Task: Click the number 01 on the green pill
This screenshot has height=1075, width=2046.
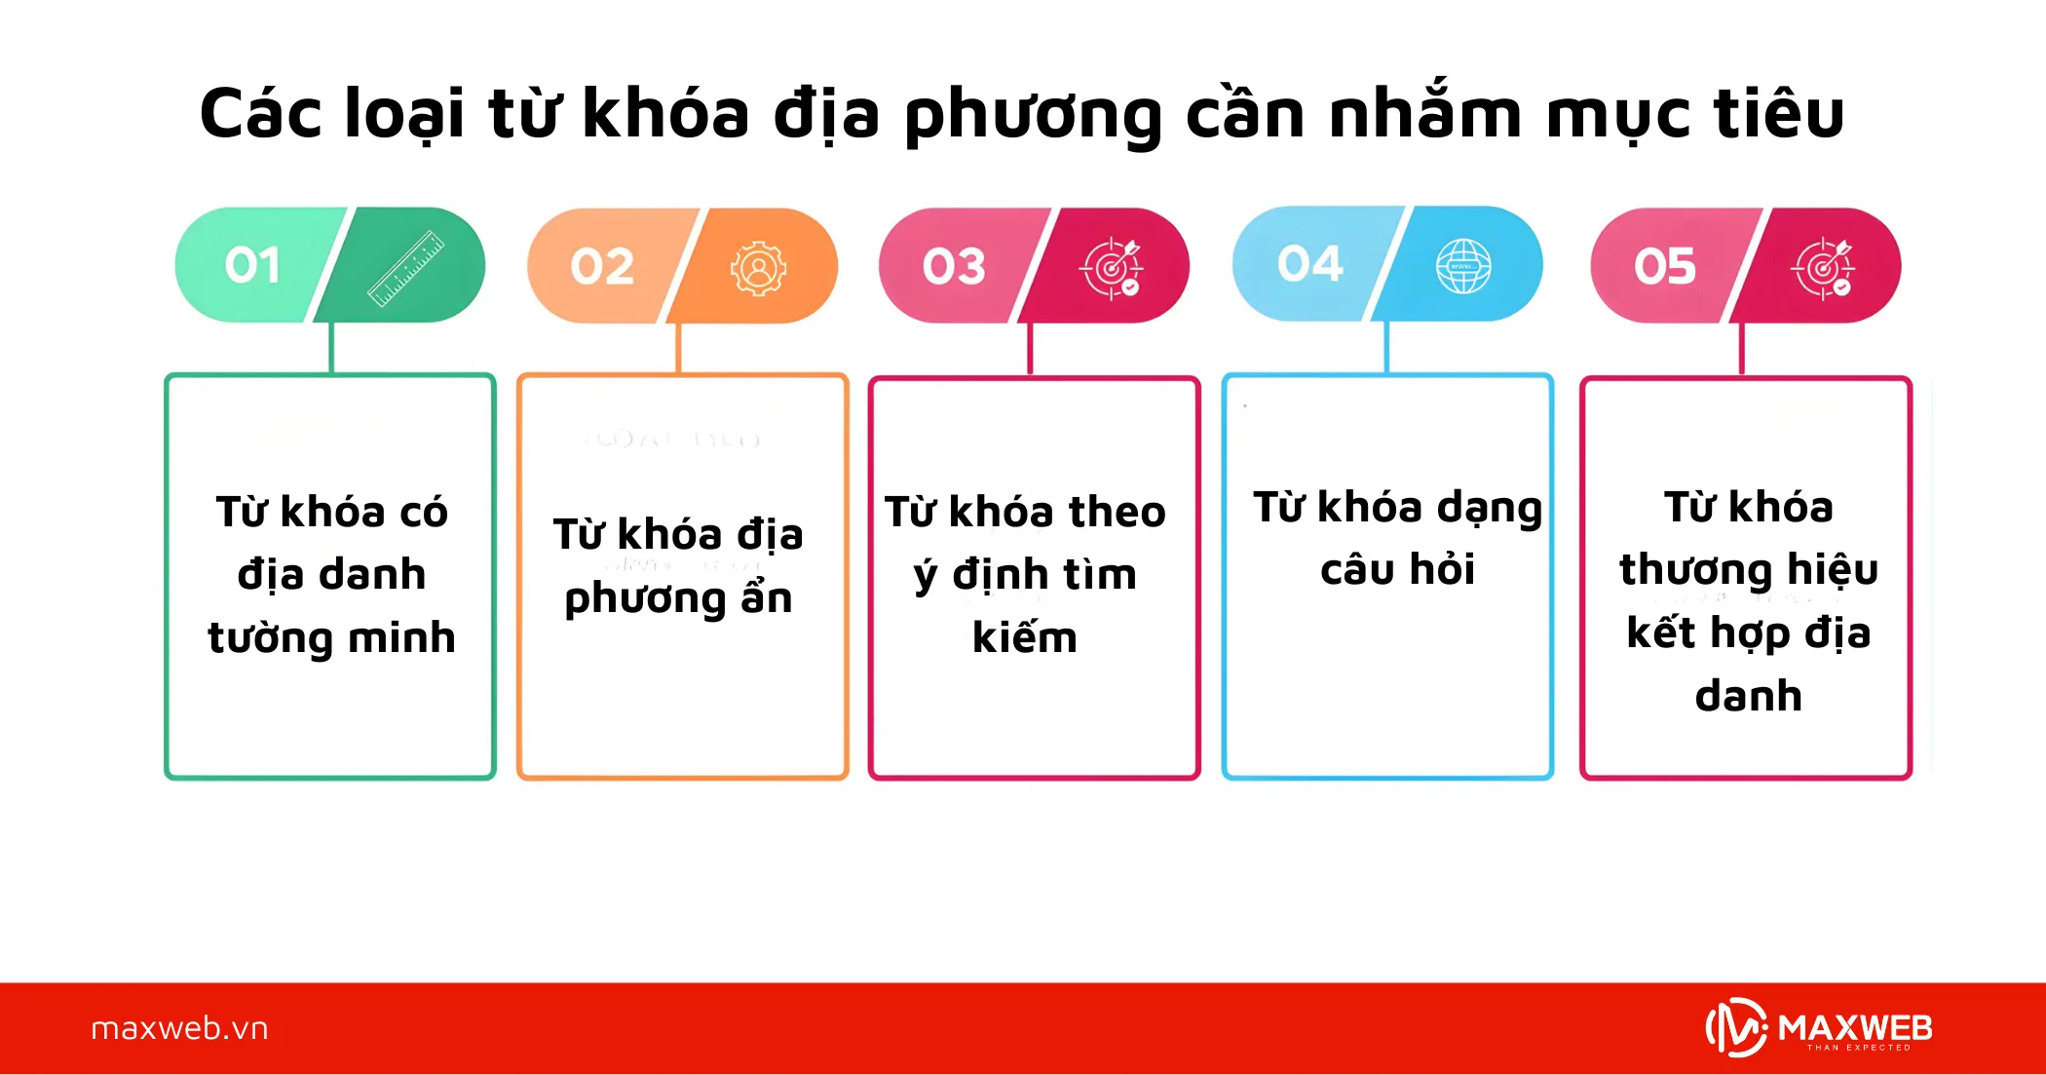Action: point(252,265)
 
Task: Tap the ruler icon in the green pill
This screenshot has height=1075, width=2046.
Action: point(406,268)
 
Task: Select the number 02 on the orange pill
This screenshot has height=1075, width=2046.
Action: point(602,266)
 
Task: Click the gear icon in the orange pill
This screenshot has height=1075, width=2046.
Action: point(759,268)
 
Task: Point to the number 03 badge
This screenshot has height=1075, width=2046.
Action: point(954,266)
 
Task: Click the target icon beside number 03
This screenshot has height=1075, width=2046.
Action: point(1111,268)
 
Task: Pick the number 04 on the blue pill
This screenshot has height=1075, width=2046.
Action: point(1309,264)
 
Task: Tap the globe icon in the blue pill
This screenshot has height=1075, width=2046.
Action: point(1463,266)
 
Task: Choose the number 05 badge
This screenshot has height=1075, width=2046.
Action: point(1665,266)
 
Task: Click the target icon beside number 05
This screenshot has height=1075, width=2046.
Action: point(1823,268)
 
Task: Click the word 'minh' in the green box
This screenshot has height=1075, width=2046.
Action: point(401,638)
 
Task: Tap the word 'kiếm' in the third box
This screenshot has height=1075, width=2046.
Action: point(1025,638)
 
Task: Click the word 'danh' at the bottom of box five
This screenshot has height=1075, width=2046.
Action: point(1749,696)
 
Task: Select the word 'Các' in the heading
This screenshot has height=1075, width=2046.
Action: point(260,114)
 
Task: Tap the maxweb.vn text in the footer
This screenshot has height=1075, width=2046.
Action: point(179,1028)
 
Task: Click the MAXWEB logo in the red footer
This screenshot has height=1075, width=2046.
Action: point(1819,1028)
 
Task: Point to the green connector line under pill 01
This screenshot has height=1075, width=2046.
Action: point(332,348)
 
